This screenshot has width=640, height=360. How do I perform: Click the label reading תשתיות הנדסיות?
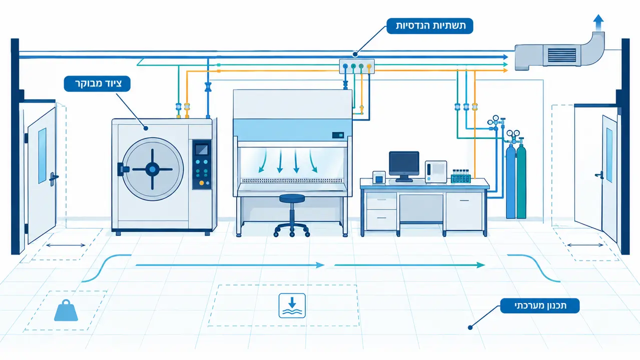click(430, 26)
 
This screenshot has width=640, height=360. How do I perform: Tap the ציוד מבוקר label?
click(97, 83)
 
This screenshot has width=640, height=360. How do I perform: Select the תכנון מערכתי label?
click(540, 306)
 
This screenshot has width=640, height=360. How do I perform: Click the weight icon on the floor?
click(66, 310)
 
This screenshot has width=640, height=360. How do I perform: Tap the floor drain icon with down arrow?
click(292, 305)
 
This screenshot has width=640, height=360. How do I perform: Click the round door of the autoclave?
click(152, 169)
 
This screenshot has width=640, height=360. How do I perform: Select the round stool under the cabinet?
click(292, 215)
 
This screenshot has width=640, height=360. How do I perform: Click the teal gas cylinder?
click(521, 181)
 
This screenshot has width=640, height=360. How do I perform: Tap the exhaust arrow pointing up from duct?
click(598, 22)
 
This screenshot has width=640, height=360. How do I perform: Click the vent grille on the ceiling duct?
click(562, 55)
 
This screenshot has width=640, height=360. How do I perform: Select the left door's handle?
click(53, 178)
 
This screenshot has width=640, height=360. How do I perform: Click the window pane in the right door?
click(609, 155)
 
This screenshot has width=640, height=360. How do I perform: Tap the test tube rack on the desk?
click(460, 176)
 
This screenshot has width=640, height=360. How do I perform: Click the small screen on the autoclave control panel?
click(202, 149)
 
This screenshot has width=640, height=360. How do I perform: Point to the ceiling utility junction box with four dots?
click(357, 66)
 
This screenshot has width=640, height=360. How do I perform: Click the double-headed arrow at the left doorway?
click(66, 245)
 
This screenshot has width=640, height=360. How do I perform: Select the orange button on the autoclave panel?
click(202, 183)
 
